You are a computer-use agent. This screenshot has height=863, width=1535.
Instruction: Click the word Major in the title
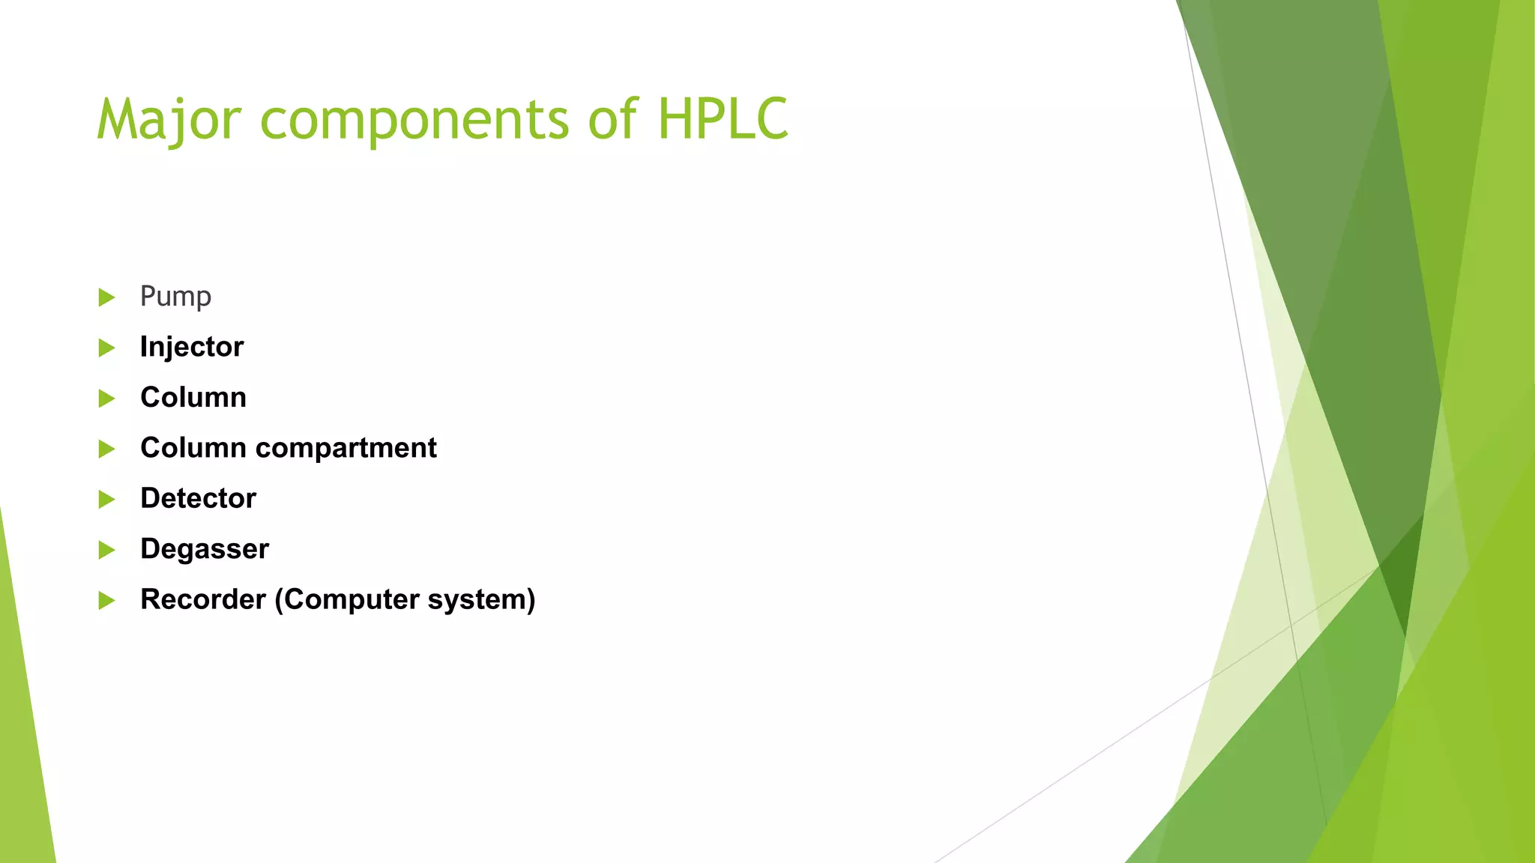click(169, 120)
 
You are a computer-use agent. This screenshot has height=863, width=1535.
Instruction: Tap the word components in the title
click(414, 120)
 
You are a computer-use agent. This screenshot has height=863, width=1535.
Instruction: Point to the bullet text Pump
click(175, 297)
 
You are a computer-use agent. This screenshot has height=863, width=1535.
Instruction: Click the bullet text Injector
click(192, 347)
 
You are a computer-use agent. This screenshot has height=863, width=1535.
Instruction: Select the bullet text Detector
click(198, 498)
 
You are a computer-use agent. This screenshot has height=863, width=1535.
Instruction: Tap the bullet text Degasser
click(205, 549)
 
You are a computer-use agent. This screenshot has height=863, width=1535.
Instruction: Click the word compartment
click(346, 448)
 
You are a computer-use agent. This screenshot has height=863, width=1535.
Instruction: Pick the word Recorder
click(203, 599)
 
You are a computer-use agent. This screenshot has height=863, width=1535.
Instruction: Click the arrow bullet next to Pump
click(106, 297)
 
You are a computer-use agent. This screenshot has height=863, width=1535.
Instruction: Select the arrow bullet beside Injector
click(106, 348)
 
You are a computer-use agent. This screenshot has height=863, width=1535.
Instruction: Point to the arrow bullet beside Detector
click(106, 499)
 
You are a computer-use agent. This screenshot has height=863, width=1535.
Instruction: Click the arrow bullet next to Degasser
click(106, 550)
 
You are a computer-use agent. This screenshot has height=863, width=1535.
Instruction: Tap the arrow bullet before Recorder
click(106, 600)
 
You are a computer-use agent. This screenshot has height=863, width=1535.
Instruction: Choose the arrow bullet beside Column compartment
click(106, 449)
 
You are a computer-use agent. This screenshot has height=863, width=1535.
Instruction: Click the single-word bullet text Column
click(193, 397)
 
